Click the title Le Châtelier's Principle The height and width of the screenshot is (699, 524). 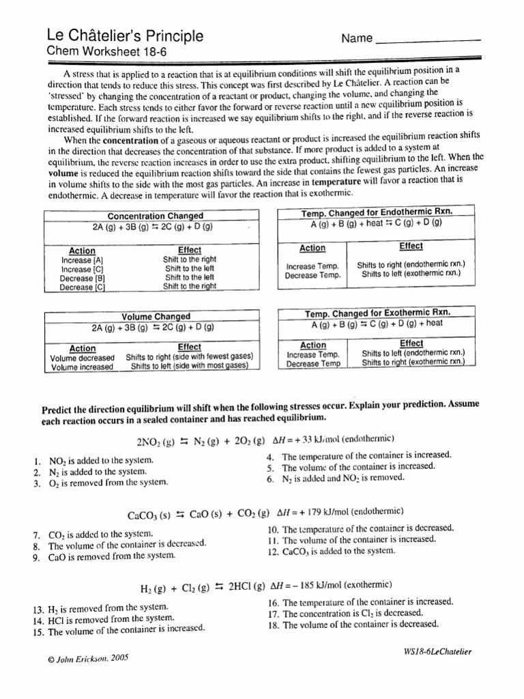tap(124, 35)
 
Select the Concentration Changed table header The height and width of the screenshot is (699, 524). tap(156, 216)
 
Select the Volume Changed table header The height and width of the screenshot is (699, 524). tap(156, 317)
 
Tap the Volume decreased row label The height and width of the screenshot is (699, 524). tap(83, 357)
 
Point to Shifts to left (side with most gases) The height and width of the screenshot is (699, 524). tap(188, 367)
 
